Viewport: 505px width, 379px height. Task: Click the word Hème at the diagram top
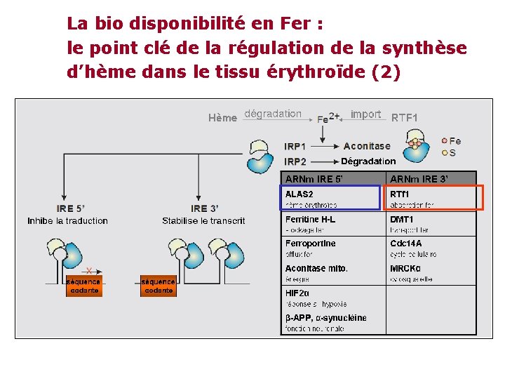click(x=222, y=118)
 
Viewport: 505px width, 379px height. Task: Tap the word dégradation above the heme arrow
click(x=273, y=114)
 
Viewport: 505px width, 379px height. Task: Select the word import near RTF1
click(x=365, y=114)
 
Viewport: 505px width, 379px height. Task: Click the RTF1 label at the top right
click(x=404, y=118)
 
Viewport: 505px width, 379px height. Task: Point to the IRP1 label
click(x=295, y=146)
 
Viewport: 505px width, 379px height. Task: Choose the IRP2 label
click(x=295, y=161)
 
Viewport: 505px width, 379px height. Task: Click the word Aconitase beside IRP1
click(x=367, y=146)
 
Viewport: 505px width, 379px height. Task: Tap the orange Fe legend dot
click(x=444, y=141)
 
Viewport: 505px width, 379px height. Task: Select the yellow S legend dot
click(x=444, y=153)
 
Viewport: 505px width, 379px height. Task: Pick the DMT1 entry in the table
click(x=403, y=219)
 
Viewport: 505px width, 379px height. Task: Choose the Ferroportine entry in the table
click(x=311, y=244)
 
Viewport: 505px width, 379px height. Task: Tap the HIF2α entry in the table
click(x=297, y=293)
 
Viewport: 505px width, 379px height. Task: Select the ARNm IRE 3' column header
click(x=419, y=178)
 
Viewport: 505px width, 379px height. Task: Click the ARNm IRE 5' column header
click(x=314, y=178)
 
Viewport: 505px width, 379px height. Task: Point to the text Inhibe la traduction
click(x=68, y=221)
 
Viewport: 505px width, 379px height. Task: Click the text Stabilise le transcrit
click(x=203, y=221)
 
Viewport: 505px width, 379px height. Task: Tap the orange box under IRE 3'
click(x=158, y=286)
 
